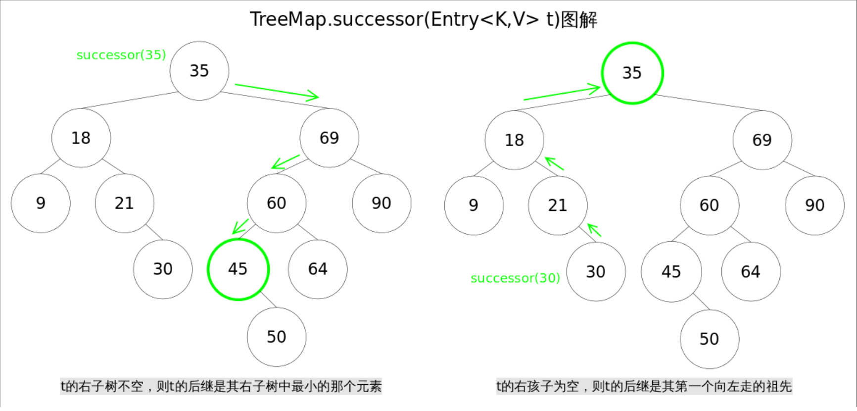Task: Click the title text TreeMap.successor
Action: pyautogui.click(x=423, y=20)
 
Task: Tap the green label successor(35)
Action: pyautogui.click(x=121, y=55)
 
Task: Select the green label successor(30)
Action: pyautogui.click(x=515, y=278)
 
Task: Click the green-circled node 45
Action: pyautogui.click(x=238, y=269)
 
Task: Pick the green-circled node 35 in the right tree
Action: pyautogui.click(x=632, y=73)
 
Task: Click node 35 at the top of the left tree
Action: pyautogui.click(x=199, y=71)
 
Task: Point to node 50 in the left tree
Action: pyautogui.click(x=277, y=337)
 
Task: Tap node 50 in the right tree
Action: pyautogui.click(x=709, y=339)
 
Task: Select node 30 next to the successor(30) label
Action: pyautogui.click(x=596, y=272)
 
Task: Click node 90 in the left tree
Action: pyautogui.click(x=381, y=203)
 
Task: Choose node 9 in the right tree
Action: pyautogui.click(x=474, y=205)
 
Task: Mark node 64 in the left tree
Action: pyautogui.click(x=318, y=269)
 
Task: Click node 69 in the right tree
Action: pyautogui.click(x=762, y=140)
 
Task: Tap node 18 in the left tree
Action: pyautogui.click(x=81, y=138)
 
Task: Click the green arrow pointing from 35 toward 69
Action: pyautogui.click(x=277, y=92)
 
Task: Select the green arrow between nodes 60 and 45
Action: pyautogui.click(x=240, y=226)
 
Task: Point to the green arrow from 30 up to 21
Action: pyautogui.click(x=594, y=230)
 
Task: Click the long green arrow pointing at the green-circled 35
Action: pyautogui.click(x=562, y=93)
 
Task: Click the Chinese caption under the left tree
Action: pyautogui.click(x=221, y=386)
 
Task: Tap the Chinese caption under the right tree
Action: pyautogui.click(x=644, y=386)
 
